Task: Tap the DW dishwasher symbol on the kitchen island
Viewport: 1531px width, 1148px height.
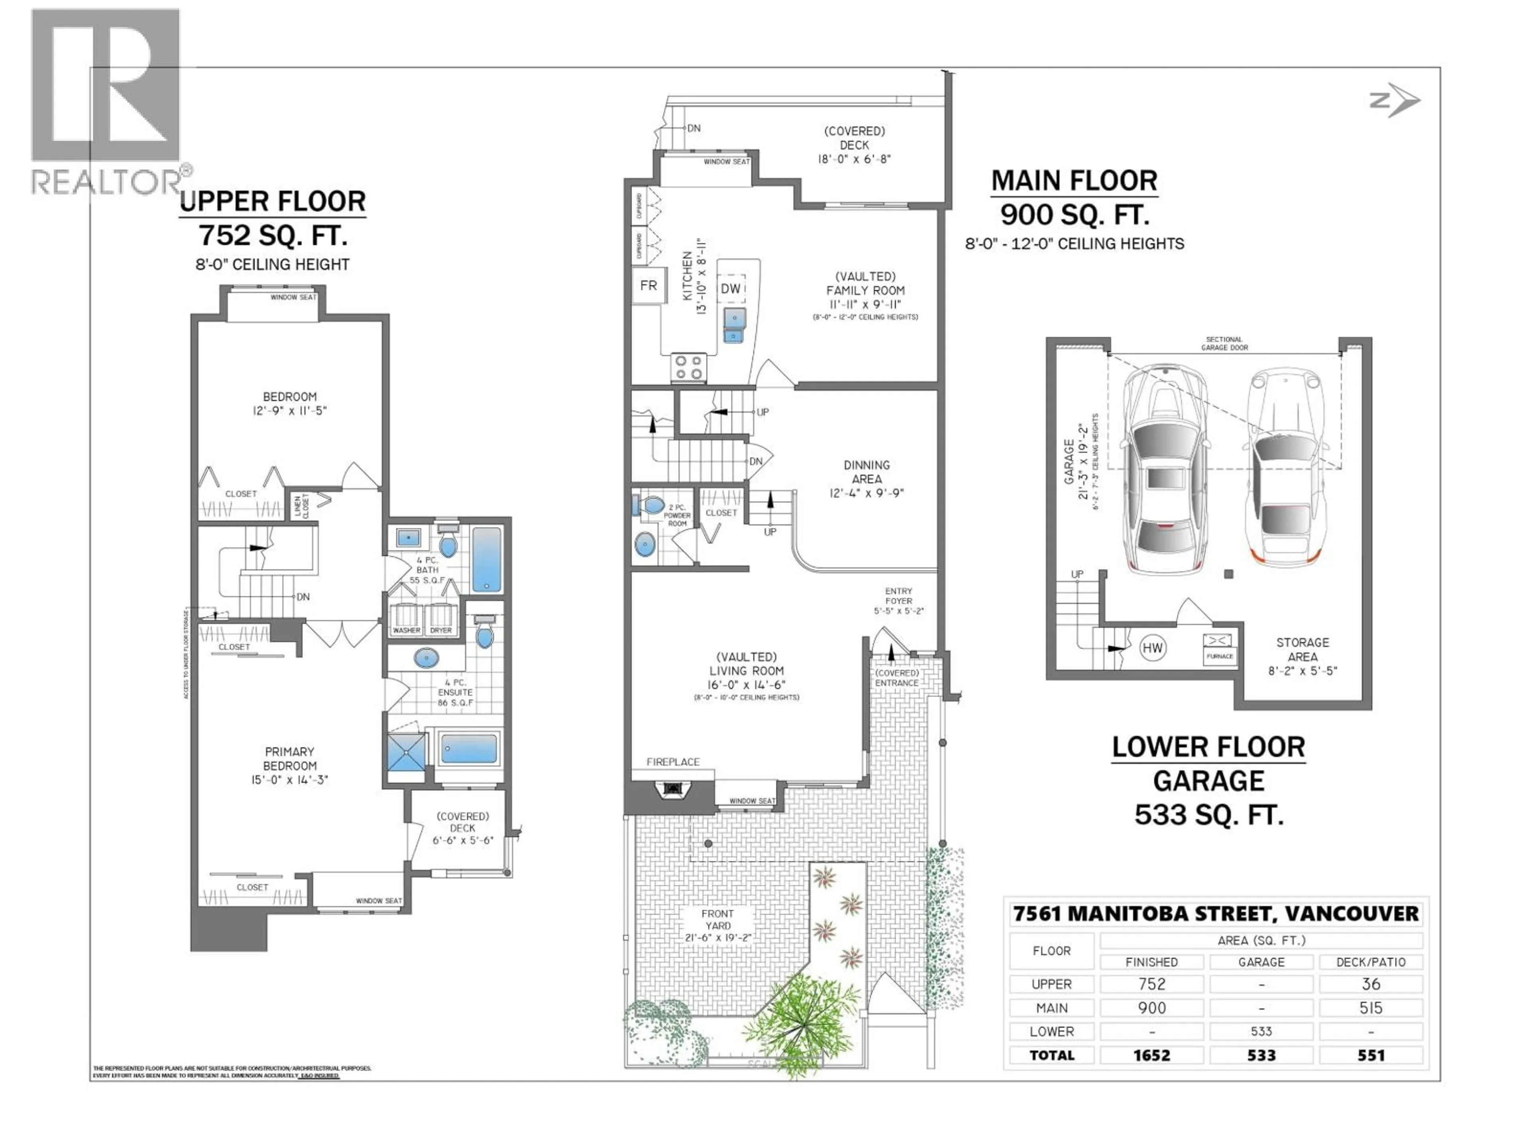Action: click(x=731, y=289)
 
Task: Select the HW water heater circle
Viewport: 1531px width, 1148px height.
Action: click(x=1152, y=648)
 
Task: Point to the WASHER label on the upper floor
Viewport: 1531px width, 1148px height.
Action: click(x=406, y=630)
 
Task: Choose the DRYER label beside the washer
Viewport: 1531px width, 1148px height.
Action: click(x=441, y=630)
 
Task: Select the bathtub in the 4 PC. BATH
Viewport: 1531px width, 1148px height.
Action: click(x=486, y=559)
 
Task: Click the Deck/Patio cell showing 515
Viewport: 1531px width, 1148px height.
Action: click(x=1370, y=1008)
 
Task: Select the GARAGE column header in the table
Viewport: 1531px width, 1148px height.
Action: click(x=1261, y=962)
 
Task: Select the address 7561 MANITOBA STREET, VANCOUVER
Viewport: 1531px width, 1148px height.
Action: click(x=1215, y=914)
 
